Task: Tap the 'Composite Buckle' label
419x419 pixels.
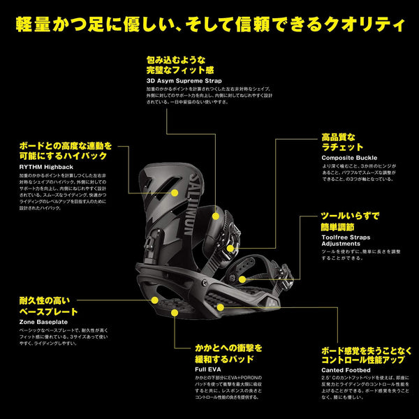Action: click(x=348, y=158)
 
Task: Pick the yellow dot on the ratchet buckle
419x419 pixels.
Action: click(x=230, y=248)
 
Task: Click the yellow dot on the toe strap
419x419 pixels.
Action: click(x=242, y=279)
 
